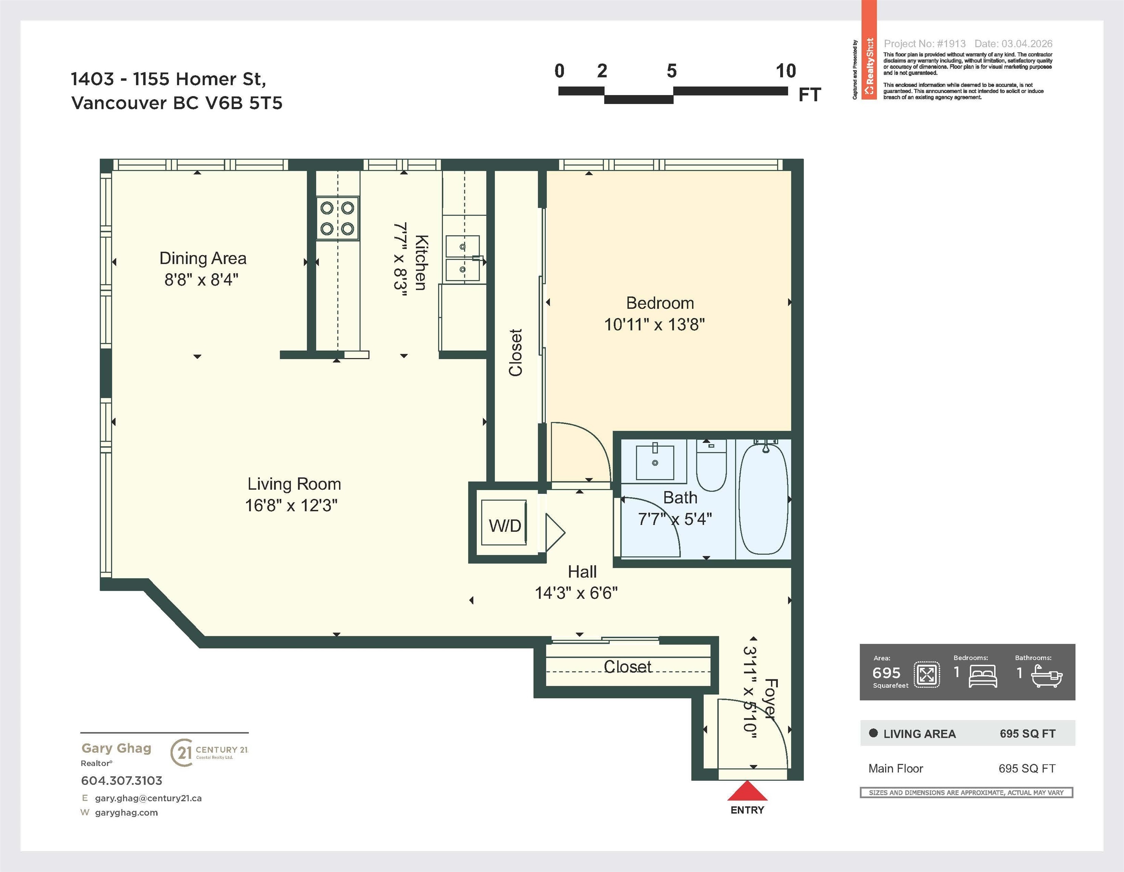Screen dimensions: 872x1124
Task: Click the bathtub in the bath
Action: pyautogui.click(x=764, y=498)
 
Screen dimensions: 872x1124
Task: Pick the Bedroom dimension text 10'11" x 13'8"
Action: pyautogui.click(x=654, y=324)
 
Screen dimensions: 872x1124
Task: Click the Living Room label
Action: pyautogui.click(x=294, y=484)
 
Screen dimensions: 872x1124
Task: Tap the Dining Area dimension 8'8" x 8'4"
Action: pyautogui.click(x=201, y=280)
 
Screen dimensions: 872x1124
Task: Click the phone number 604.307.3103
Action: pyautogui.click(x=121, y=780)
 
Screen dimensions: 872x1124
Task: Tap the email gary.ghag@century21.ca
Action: pyautogui.click(x=148, y=798)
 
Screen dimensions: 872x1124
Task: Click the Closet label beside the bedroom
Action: pyautogui.click(x=515, y=353)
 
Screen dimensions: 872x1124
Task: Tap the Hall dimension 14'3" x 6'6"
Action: pyautogui.click(x=576, y=593)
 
